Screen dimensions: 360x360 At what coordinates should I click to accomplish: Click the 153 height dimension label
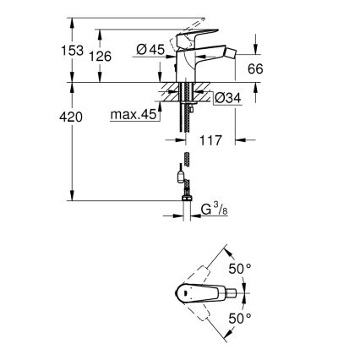74,51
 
